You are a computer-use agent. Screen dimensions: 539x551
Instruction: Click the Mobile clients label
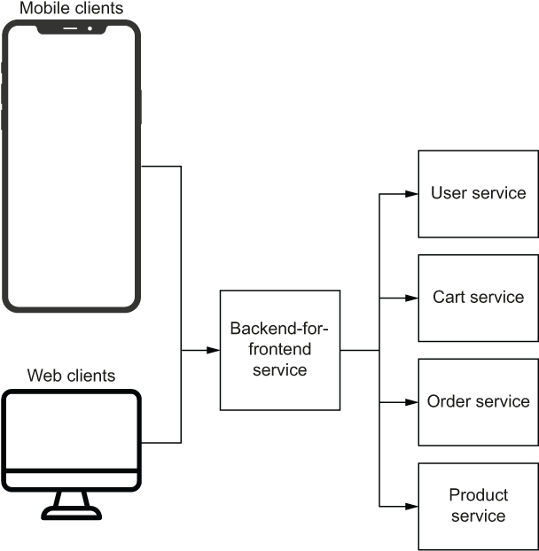(x=72, y=8)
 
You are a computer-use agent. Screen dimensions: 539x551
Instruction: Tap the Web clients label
(x=72, y=376)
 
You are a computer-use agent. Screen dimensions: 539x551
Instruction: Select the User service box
(x=478, y=194)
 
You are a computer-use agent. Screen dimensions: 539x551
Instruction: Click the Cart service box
(x=478, y=298)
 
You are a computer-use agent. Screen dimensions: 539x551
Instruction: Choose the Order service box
(x=478, y=402)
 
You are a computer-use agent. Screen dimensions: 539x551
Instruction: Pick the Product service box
(x=478, y=507)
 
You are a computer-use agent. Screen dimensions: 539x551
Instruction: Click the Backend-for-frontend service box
(x=280, y=350)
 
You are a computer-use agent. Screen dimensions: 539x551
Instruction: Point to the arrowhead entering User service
(x=411, y=194)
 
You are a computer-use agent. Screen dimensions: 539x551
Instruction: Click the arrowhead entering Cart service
(x=411, y=298)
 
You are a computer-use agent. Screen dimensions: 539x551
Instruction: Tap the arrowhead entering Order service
(x=411, y=402)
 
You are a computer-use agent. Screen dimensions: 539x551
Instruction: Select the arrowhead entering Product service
(x=411, y=507)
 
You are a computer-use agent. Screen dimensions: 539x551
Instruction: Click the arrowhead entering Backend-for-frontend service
(x=214, y=350)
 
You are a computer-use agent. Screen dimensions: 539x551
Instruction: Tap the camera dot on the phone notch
(x=90, y=28)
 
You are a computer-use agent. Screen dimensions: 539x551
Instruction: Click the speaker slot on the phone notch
(x=70, y=28)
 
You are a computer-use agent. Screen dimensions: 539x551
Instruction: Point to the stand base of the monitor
(x=72, y=513)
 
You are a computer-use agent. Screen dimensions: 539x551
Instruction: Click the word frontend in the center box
(x=280, y=349)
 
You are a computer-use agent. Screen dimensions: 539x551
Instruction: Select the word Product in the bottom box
(x=478, y=495)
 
